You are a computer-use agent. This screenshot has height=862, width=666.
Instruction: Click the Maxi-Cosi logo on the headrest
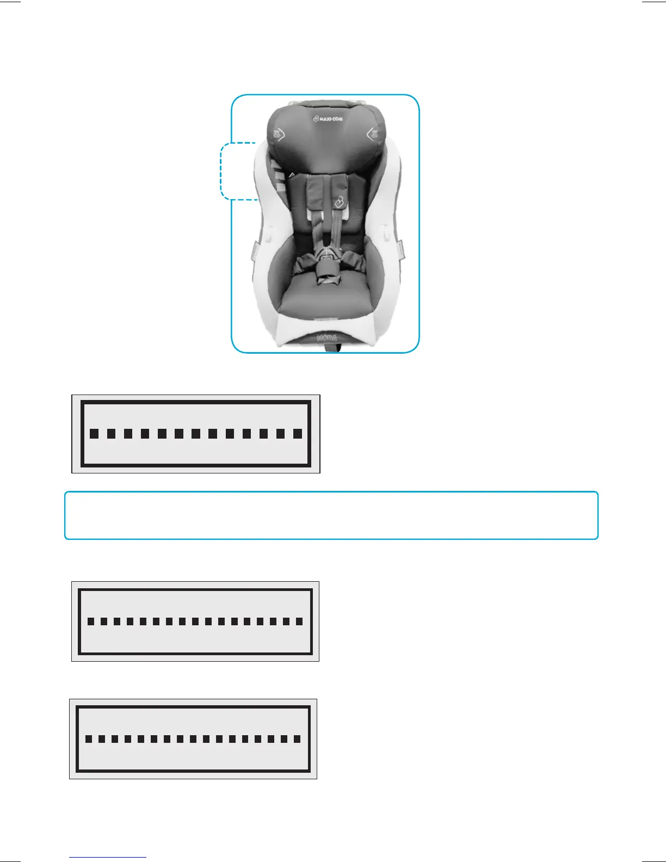tap(328, 119)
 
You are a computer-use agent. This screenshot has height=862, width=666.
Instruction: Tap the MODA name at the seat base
tap(327, 338)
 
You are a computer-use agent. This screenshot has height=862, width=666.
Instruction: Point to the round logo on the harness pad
tap(340, 202)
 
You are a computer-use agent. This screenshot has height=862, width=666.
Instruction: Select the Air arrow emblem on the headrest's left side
tap(279, 134)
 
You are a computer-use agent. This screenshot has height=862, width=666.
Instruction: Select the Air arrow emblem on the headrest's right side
tap(373, 134)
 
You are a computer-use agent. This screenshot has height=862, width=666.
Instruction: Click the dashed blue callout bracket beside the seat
tap(222, 171)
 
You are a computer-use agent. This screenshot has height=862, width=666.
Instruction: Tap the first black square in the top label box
tap(94, 434)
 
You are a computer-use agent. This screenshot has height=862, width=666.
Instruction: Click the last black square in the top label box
tap(297, 434)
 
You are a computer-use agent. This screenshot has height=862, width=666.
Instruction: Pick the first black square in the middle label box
tap(90, 621)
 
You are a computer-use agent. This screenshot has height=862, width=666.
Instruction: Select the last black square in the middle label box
tap(299, 621)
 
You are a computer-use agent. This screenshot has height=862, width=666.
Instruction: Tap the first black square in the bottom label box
tap(88, 739)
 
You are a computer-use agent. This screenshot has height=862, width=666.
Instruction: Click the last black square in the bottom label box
tap(297, 739)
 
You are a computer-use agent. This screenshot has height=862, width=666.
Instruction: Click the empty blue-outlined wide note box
tap(331, 515)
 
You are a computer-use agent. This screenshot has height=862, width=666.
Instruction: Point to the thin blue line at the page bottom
tap(108, 858)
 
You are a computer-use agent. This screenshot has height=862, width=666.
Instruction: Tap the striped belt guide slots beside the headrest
tap(277, 177)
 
